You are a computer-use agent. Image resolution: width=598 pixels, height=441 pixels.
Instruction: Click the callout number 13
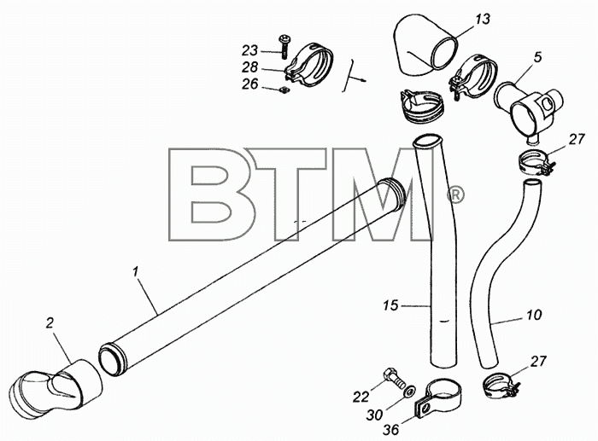pos(483,19)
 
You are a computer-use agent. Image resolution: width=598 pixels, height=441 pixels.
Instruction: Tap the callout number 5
pos(537,57)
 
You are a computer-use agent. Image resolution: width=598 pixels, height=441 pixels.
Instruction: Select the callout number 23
pos(249,50)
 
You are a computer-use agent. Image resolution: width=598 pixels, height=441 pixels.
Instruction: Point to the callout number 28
pos(249,67)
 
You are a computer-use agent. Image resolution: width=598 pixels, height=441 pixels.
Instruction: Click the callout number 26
pos(249,84)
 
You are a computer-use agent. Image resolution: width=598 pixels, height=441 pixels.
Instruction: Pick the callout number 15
pos(391,305)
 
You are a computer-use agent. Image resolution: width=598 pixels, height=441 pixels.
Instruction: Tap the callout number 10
pos(534,315)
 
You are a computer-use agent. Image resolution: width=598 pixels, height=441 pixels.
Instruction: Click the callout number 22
pos(361,397)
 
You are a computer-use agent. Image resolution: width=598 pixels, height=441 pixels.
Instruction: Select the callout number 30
pos(374,415)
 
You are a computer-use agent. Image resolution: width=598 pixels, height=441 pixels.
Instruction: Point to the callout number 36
pos(391,430)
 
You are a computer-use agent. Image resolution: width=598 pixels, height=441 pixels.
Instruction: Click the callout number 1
pos(135,271)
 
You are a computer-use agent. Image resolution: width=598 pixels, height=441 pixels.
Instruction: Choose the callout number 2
pos(50,323)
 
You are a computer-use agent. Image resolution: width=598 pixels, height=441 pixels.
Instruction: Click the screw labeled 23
pos(284,46)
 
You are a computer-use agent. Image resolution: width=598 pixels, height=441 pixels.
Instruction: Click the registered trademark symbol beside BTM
pos(454,195)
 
